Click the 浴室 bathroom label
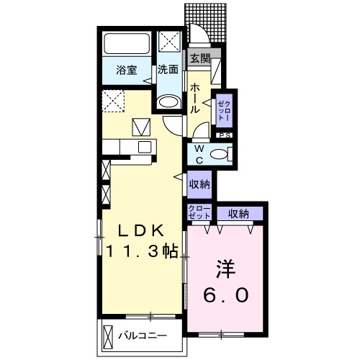[x=127, y=70]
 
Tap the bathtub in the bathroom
[x=127, y=43]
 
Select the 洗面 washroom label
[x=168, y=69]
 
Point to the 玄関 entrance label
[x=200, y=58]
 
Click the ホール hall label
[x=195, y=99]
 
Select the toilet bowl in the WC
[x=220, y=154]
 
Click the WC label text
[x=199, y=155]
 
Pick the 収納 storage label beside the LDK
[x=199, y=184]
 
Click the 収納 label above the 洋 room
[x=238, y=214]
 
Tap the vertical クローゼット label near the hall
[x=224, y=110]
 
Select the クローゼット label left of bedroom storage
[x=199, y=212]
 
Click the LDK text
[x=140, y=231]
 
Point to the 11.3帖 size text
[x=142, y=251]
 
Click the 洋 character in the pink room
[x=225, y=269]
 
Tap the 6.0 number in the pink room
[x=225, y=295]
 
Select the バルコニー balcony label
[x=143, y=336]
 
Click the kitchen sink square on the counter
[x=145, y=147]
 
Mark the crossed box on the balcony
[x=107, y=337]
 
